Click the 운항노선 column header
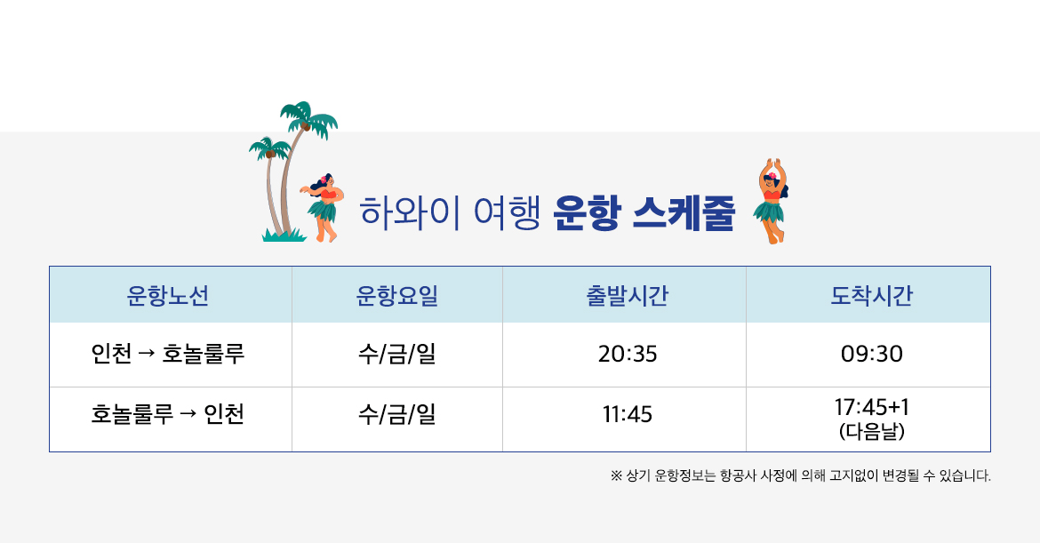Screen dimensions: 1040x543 (168, 295)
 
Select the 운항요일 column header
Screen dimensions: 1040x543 (397, 295)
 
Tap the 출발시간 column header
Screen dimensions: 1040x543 (627, 295)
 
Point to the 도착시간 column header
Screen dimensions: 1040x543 (871, 295)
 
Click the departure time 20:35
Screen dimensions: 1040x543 (628, 354)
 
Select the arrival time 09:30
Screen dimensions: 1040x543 (871, 354)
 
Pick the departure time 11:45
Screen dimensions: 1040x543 (628, 414)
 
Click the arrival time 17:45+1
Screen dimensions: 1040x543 (871, 406)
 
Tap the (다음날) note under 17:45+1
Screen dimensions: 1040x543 (871, 432)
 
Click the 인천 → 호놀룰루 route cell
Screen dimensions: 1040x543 (168, 354)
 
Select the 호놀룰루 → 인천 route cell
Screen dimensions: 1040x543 (168, 414)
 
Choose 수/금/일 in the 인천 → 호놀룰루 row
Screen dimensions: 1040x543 (397, 354)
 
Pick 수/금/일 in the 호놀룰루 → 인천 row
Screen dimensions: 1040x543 (397, 414)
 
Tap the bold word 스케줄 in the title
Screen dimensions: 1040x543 (684, 212)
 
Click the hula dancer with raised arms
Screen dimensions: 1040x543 (771, 201)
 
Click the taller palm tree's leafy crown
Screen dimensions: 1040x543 (308, 119)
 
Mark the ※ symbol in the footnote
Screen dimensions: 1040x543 (616, 475)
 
